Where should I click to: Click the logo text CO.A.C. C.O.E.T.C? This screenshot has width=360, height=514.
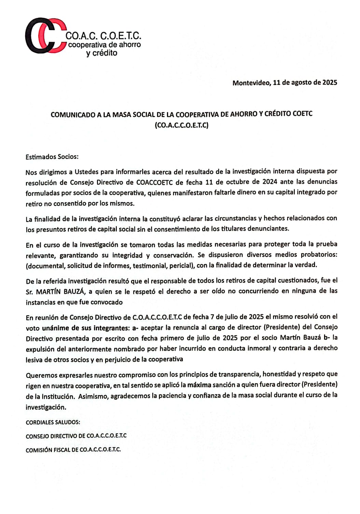click(x=103, y=36)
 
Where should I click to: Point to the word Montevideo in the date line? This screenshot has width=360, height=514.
click(x=251, y=83)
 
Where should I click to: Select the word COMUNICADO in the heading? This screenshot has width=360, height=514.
click(x=73, y=115)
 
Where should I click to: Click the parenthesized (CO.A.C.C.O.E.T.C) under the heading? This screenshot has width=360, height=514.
click(x=181, y=125)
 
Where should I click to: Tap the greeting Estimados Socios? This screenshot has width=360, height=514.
click(x=52, y=157)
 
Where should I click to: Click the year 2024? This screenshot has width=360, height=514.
click(x=269, y=182)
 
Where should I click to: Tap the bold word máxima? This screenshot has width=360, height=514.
click(x=199, y=385)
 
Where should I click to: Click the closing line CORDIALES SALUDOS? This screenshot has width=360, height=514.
click(x=53, y=422)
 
